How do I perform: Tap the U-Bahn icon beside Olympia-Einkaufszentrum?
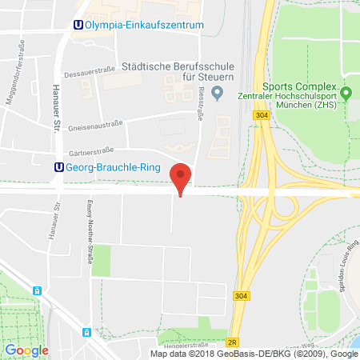tap(77, 25)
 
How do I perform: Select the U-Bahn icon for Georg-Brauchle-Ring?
tap(58, 167)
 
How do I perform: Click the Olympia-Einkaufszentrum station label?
tap(144, 25)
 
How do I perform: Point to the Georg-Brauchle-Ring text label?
tap(114, 168)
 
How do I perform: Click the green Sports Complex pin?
tap(346, 94)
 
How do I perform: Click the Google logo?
tap(27, 350)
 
